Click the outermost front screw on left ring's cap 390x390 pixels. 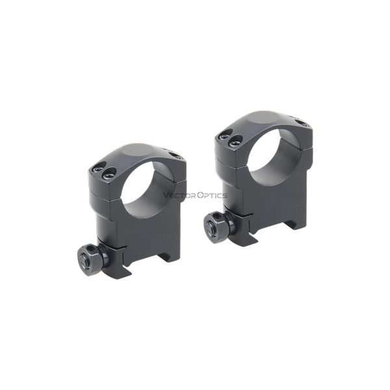click(x=97, y=170)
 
